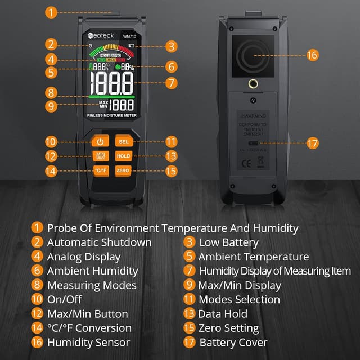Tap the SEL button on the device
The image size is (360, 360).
[x=123, y=142]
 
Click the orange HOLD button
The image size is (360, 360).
[x=123, y=156]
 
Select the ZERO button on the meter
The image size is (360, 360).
[x=123, y=170]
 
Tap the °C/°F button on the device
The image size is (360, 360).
[x=100, y=170]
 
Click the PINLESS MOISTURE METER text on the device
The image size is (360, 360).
[x=111, y=115]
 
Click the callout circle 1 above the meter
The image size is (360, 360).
[x=51, y=12]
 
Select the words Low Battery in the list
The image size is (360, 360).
[x=228, y=242]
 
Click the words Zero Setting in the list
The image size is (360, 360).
[x=228, y=328]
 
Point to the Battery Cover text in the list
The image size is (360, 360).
[x=233, y=343]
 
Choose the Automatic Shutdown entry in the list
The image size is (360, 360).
[x=99, y=242]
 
